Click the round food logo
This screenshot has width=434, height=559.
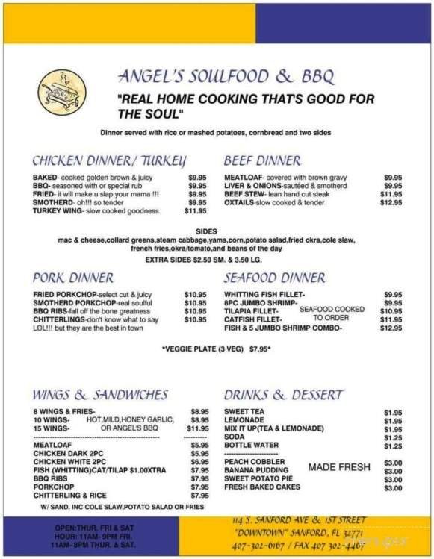click(62, 92)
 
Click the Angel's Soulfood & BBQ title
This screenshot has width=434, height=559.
click(226, 77)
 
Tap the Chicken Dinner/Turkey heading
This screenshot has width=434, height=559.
click(109, 160)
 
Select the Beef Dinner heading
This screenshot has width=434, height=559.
click(262, 160)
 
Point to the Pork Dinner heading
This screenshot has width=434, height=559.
click(73, 278)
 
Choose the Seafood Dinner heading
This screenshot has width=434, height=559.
click(274, 278)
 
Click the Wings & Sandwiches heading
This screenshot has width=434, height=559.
click(100, 395)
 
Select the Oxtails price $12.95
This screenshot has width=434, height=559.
click(391, 202)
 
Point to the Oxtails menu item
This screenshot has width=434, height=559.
click(274, 202)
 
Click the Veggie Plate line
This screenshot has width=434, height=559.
click(215, 349)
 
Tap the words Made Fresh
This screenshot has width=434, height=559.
click(338, 467)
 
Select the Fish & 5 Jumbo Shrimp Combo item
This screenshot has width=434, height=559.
click(283, 328)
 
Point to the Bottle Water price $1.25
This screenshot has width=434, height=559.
click(393, 446)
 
